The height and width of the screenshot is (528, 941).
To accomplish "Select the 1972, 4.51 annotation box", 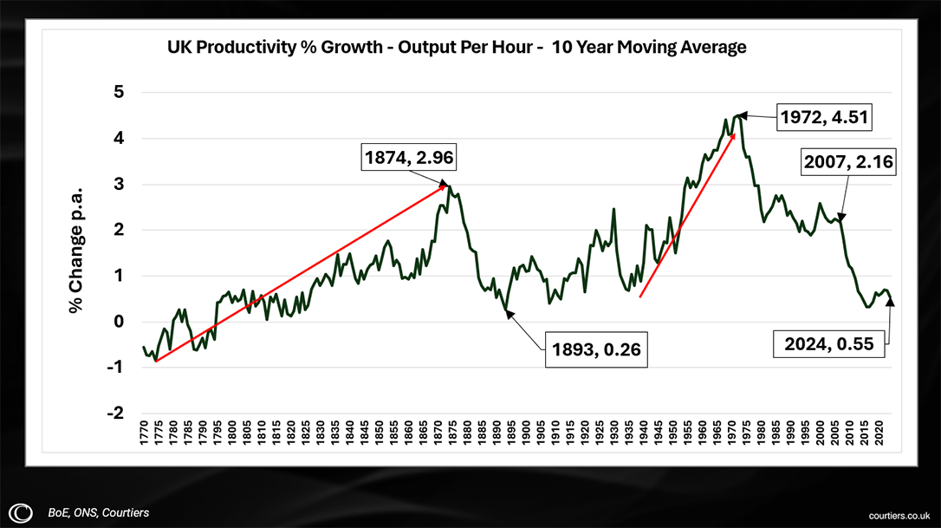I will click(x=822, y=117).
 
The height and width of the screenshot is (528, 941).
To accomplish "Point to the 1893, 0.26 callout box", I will click(x=596, y=350).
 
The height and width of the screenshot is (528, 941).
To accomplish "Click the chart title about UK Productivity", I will click(x=457, y=48).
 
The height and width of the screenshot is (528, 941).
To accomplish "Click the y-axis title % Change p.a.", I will click(x=77, y=249).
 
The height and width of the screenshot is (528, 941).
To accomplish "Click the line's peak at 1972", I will click(x=737, y=114).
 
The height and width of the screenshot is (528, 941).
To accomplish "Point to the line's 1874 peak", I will click(x=449, y=186).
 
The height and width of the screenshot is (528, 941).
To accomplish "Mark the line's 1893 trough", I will click(x=505, y=310).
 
